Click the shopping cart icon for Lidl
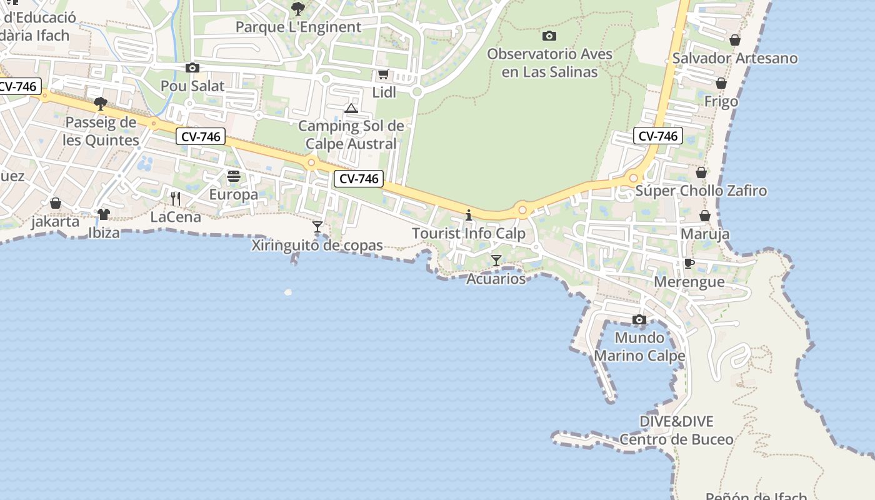[x=384, y=74]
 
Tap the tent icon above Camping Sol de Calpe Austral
[x=351, y=109]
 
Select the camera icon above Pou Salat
[x=192, y=68]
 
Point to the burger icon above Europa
[x=234, y=177]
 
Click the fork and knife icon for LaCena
[x=176, y=199]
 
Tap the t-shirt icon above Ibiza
[x=104, y=214]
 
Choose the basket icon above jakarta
[x=56, y=203]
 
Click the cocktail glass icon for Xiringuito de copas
[x=317, y=226]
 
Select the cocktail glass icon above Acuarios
[x=496, y=260]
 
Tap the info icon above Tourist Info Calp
[x=469, y=216]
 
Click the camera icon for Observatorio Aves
[x=549, y=36]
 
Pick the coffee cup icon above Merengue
[x=689, y=263]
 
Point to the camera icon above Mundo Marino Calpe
[x=639, y=320]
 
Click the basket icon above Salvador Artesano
[x=735, y=40]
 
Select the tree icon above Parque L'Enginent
[x=298, y=9]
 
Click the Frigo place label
[x=721, y=101]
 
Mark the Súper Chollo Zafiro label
[x=701, y=191]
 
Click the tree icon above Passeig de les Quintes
[x=100, y=104]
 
